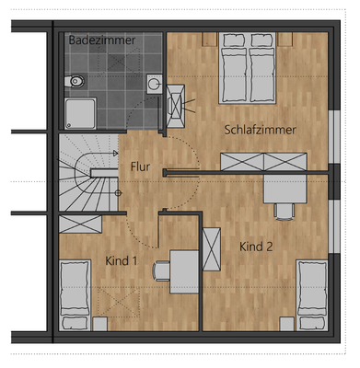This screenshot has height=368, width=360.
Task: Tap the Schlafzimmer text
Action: click(260, 130)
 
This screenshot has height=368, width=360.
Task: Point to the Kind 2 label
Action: click(256, 247)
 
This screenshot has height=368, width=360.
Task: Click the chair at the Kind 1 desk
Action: click(162, 270)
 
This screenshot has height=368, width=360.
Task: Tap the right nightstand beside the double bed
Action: click(287, 40)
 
